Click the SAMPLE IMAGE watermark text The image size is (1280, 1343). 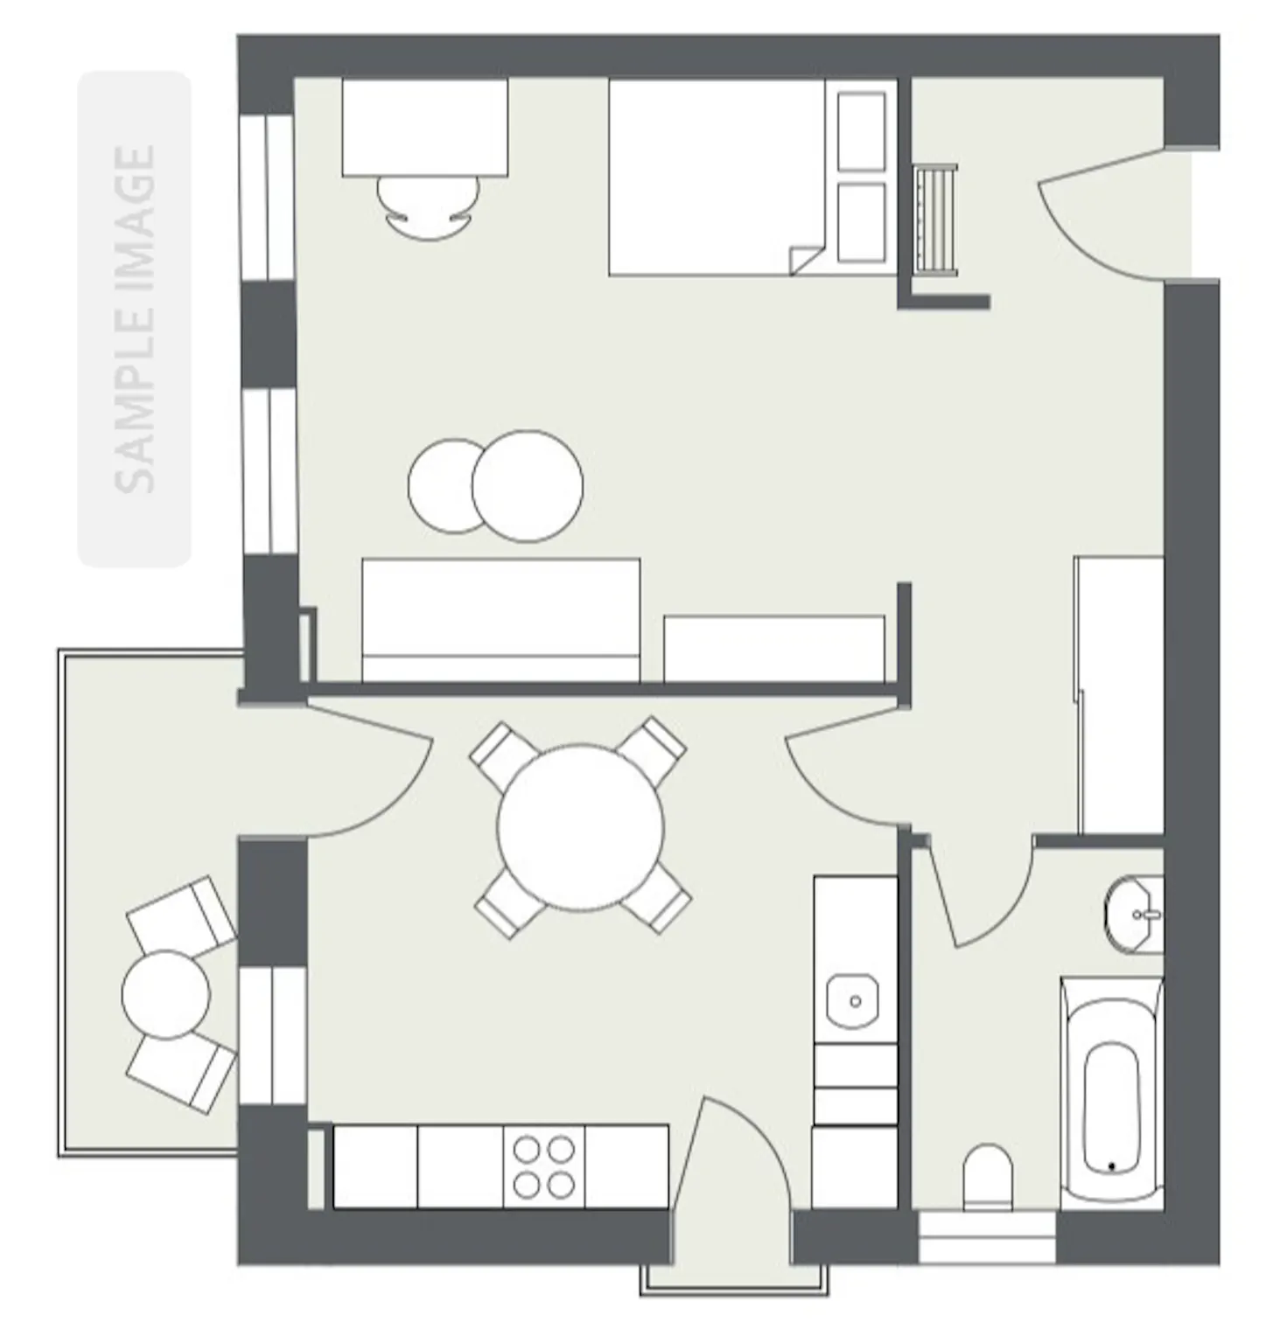point(135,319)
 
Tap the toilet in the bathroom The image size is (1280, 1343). point(988,1177)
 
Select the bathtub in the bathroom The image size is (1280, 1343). point(1112,1093)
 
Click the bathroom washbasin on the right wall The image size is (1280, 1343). point(1135,915)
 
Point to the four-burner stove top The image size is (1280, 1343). point(543,1166)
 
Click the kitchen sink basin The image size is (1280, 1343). point(855,1000)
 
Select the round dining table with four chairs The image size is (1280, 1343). point(581,827)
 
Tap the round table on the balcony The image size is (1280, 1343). point(166,994)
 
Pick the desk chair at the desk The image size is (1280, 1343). point(429,207)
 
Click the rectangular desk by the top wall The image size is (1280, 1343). point(425,128)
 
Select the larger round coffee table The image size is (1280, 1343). point(527,486)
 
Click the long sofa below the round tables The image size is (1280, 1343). point(500,620)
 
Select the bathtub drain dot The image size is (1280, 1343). point(1111,1166)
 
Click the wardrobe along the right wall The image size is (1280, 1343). point(1119,695)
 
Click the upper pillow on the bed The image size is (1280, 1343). point(862,131)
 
